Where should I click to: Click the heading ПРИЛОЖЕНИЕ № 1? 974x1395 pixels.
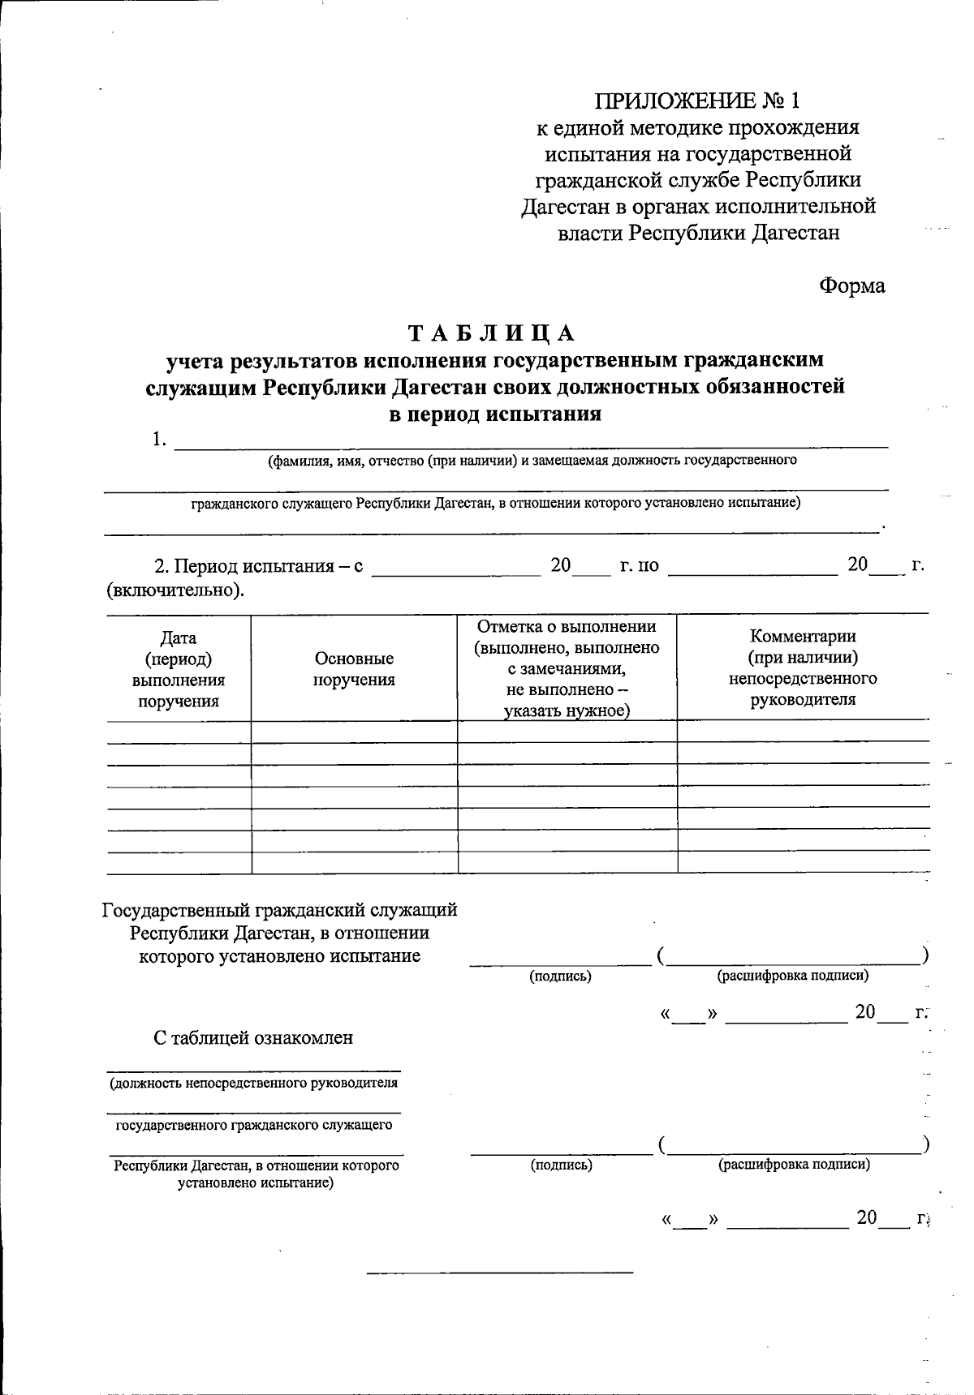coord(697,101)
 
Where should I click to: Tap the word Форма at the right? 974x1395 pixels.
coord(851,285)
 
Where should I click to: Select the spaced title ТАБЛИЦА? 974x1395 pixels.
coord(491,333)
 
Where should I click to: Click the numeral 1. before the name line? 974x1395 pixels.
coord(159,440)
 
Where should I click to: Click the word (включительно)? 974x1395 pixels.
coord(175,590)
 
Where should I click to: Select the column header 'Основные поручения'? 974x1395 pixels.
coord(354,669)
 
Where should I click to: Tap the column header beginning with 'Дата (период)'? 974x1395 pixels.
coord(178,670)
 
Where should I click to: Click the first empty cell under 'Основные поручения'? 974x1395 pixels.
coord(354,732)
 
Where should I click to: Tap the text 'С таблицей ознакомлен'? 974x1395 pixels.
coord(253,1037)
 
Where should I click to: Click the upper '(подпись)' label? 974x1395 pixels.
coord(560,976)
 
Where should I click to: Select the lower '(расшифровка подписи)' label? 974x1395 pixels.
coord(794,1165)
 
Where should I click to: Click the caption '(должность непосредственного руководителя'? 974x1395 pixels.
coord(253,1083)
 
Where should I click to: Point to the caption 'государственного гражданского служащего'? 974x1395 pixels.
coord(254,1125)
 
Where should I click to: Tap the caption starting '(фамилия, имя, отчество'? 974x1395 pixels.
coord(532,461)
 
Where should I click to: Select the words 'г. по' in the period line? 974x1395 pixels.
coord(638,565)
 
